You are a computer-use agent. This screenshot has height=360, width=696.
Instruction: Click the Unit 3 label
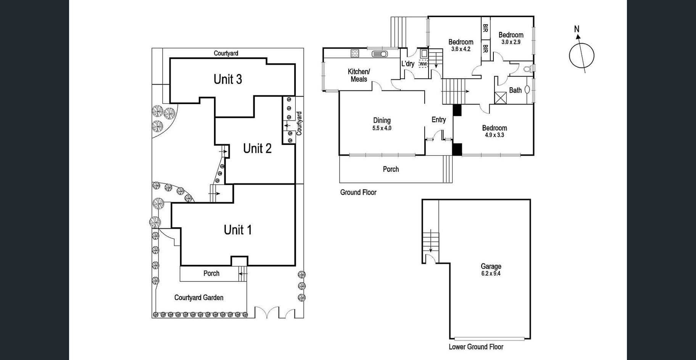click(228, 79)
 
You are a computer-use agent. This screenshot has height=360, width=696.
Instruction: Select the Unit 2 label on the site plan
click(257, 148)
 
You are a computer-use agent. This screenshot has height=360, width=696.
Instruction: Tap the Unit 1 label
click(238, 230)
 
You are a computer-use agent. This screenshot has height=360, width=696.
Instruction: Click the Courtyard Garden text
click(199, 297)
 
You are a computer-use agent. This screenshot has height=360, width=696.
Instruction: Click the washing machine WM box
click(423, 64)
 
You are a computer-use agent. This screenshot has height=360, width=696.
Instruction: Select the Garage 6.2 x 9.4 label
click(491, 270)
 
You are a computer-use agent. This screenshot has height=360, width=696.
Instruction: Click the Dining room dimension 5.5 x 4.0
click(382, 128)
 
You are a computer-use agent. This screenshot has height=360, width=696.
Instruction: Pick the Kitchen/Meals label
click(359, 76)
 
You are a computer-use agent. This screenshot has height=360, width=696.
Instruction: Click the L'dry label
click(408, 64)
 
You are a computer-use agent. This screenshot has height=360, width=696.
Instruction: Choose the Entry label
click(439, 120)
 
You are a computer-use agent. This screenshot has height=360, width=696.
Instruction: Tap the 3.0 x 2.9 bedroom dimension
click(511, 42)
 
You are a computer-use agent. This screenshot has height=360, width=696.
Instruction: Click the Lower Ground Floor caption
click(476, 347)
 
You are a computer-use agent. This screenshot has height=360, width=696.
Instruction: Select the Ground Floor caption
click(358, 193)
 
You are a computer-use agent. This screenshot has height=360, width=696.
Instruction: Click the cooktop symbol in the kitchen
click(355, 53)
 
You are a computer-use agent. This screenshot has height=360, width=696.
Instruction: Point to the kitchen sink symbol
click(380, 54)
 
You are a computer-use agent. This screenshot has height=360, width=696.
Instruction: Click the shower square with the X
click(500, 98)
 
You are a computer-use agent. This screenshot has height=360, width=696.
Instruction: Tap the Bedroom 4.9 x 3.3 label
click(495, 131)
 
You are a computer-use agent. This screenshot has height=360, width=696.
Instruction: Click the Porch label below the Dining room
click(391, 169)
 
